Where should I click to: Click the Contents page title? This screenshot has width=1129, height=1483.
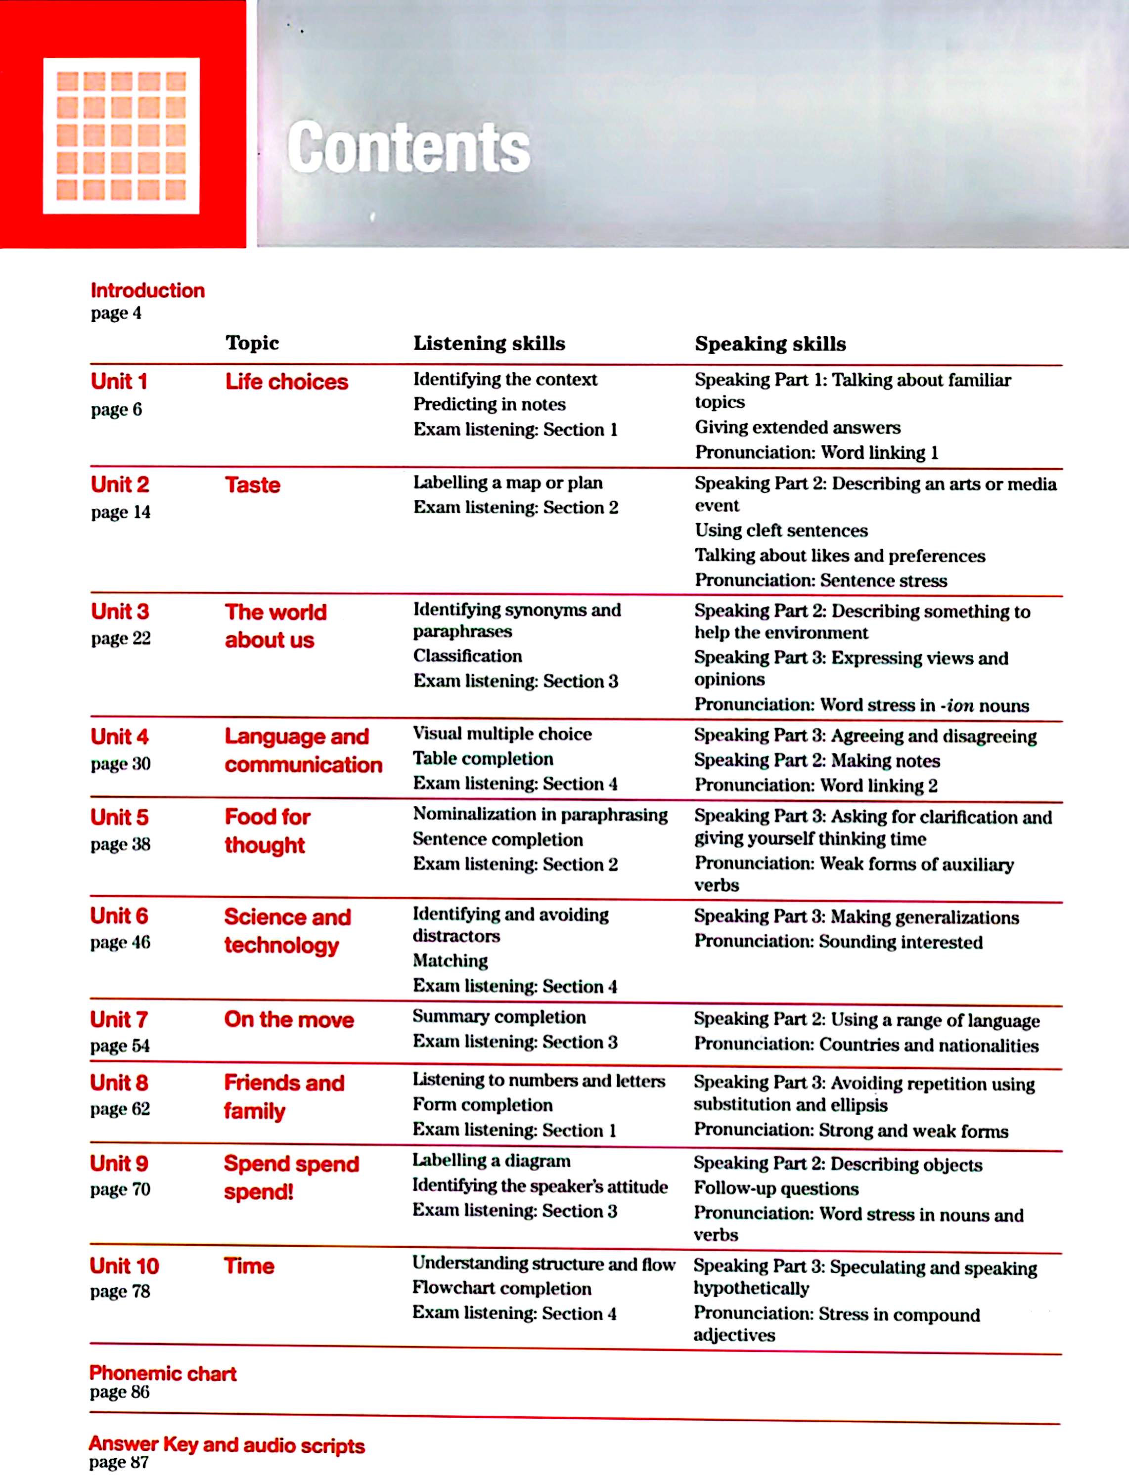coord(408,148)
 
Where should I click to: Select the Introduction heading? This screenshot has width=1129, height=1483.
coord(148,290)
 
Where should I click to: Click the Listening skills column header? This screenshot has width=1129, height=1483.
coord(489,343)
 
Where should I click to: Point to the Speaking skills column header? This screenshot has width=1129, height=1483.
coord(770,344)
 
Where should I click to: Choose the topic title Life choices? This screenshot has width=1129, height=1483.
coord(286,382)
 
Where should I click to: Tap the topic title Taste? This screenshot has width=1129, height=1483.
coord(253,484)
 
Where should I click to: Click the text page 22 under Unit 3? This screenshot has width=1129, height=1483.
coord(121,638)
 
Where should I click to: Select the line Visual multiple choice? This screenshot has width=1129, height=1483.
coord(502,734)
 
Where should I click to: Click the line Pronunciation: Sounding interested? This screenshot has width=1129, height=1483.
coord(838,942)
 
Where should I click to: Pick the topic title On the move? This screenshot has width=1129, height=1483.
coord(289,1019)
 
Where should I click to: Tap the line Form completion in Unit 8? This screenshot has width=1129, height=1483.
coord(483,1105)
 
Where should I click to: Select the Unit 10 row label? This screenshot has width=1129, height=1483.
coord(124,1266)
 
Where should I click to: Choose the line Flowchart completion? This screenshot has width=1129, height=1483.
coord(502,1288)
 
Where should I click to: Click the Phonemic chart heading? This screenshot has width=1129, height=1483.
coord(163,1374)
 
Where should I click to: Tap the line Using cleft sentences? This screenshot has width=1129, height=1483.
coord(781,530)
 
